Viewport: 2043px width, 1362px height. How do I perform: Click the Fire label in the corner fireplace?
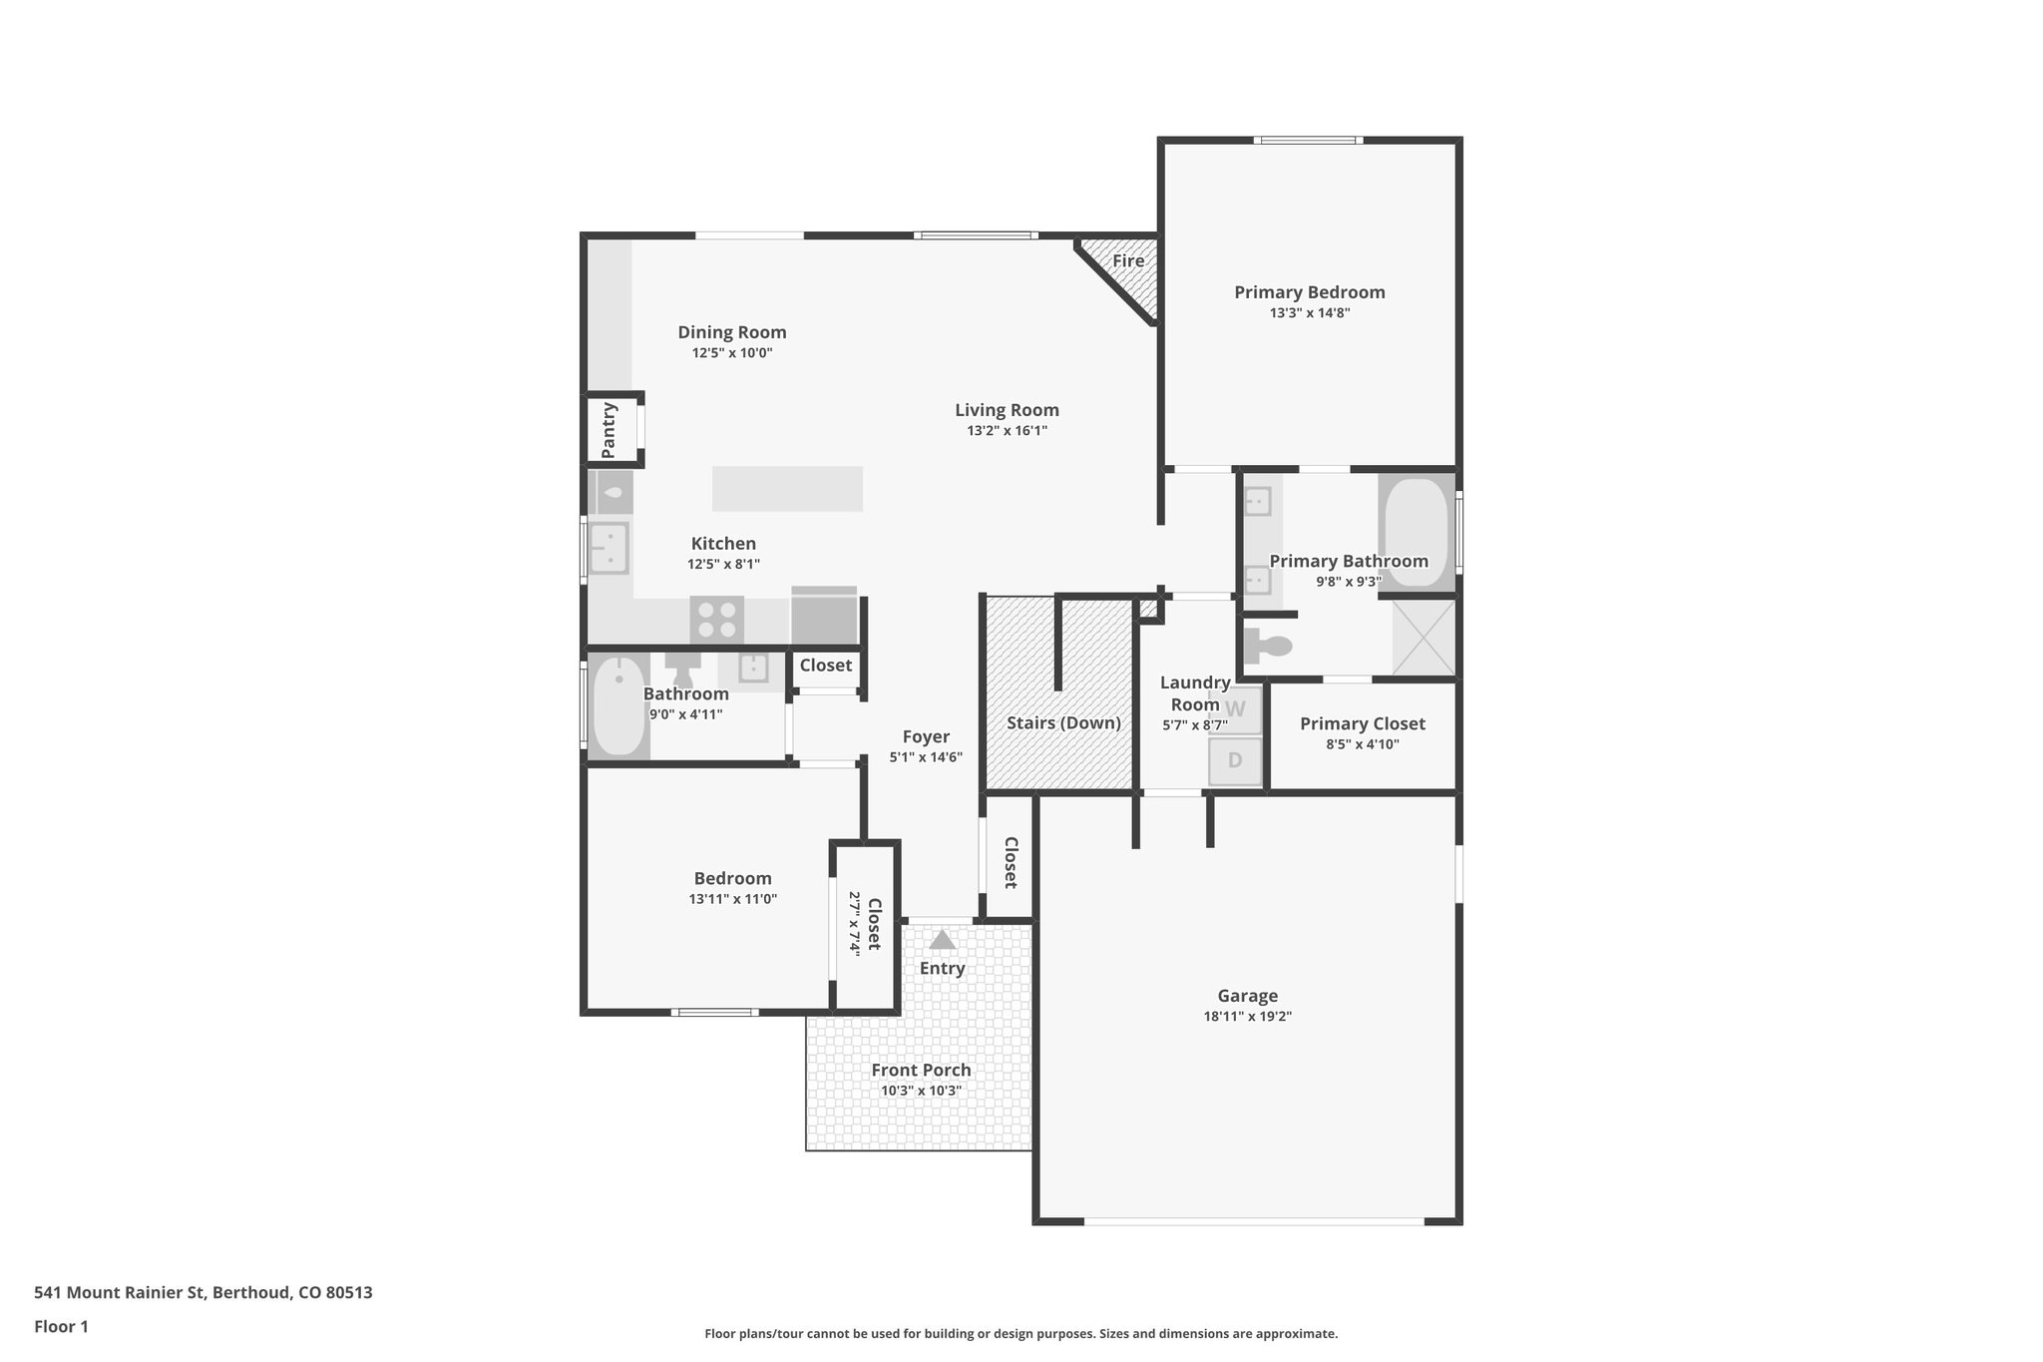point(1128,261)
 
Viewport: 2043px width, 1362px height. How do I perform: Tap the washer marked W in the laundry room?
point(1235,709)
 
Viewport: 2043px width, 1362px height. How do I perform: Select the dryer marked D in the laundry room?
point(1235,760)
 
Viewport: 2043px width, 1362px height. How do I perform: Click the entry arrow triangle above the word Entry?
point(942,940)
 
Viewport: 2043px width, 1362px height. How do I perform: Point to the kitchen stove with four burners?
point(716,620)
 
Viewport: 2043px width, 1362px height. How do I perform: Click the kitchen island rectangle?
point(787,489)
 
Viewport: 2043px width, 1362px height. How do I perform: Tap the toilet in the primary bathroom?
point(1268,647)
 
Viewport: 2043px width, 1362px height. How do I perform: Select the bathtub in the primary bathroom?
point(1416,534)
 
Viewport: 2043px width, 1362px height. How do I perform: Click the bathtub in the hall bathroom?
point(617,706)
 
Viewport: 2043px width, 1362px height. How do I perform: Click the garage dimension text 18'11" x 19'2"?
point(1247,1017)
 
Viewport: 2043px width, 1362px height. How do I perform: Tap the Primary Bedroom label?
point(1309,292)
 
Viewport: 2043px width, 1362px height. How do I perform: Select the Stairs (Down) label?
point(1063,722)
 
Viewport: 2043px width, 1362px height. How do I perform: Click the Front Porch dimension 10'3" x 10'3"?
point(920,1091)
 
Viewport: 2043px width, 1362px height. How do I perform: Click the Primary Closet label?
point(1362,723)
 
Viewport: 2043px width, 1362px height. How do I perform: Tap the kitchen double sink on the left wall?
point(608,548)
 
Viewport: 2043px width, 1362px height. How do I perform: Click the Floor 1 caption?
point(61,1326)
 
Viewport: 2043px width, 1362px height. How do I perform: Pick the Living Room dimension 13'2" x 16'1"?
point(1007,431)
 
